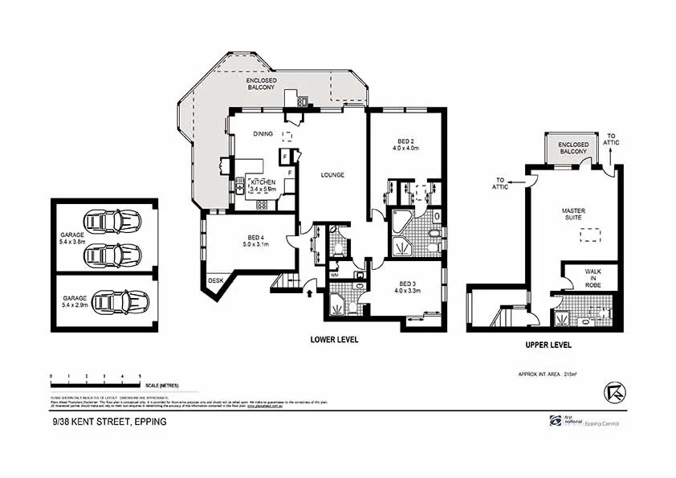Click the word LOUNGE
tap(332, 174)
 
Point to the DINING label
tap(263, 133)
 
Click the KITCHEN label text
tap(263, 182)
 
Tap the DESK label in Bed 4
tap(215, 280)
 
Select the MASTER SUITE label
tap(572, 214)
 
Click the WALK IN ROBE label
tap(592, 277)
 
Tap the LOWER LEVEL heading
tap(334, 340)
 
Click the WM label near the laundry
tap(334, 276)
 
